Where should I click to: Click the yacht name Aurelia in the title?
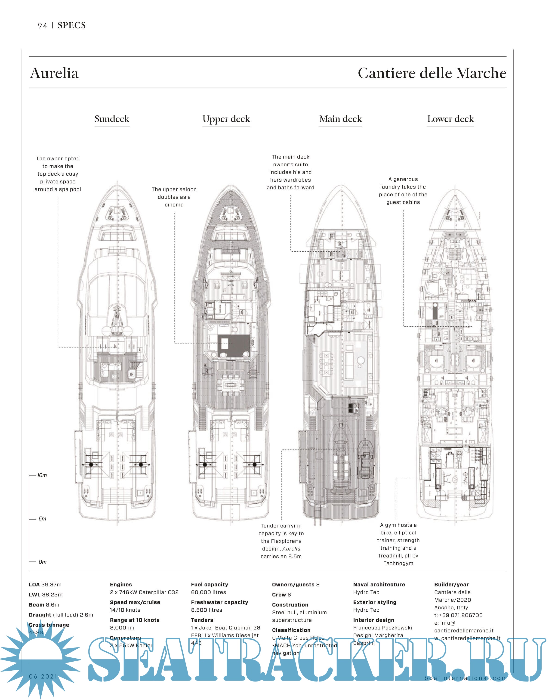(54, 73)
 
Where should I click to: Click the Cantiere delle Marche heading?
(432, 73)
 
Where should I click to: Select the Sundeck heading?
(112, 119)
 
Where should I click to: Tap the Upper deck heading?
(226, 119)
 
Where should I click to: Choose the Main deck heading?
(340, 119)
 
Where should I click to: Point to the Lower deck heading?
(450, 119)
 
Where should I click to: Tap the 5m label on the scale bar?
(42, 518)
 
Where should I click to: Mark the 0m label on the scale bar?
(42, 562)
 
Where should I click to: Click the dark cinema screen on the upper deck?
(234, 346)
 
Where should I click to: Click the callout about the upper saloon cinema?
(174, 197)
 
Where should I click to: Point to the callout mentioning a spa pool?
(58, 174)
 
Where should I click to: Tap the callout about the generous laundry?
(403, 191)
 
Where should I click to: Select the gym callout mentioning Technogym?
(398, 544)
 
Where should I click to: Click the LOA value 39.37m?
(51, 584)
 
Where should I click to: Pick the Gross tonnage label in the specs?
(49, 625)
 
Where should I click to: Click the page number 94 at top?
(42, 26)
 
